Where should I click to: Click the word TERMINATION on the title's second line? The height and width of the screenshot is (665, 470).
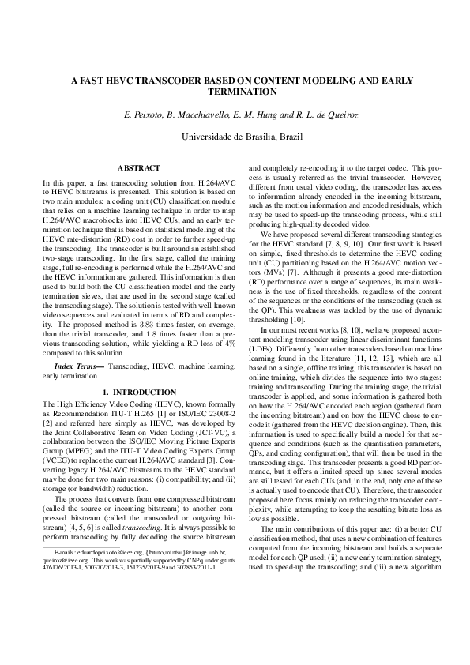[x=235, y=92]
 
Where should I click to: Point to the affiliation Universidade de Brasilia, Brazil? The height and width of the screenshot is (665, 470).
[x=235, y=137]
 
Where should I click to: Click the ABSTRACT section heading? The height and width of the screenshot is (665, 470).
[x=138, y=167]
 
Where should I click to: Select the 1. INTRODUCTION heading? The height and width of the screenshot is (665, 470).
[x=138, y=393]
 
